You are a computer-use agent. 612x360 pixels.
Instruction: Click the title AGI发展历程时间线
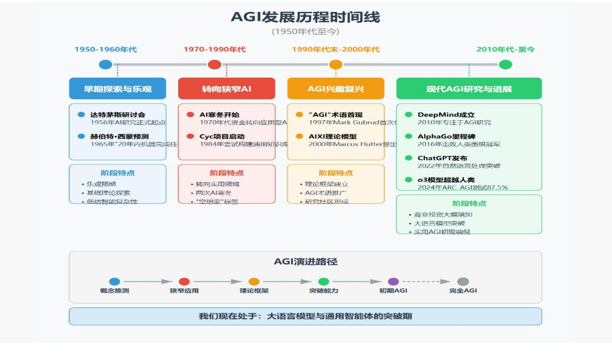[x=305, y=17]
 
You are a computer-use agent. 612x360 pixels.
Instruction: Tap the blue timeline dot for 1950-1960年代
[x=106, y=65]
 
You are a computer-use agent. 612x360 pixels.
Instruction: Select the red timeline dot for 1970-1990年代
[x=215, y=65]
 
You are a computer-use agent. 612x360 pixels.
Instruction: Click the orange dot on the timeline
[x=336, y=65]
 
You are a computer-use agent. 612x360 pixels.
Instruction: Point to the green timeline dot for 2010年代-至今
[x=506, y=65]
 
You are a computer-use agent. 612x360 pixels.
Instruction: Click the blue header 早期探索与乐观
[x=118, y=89]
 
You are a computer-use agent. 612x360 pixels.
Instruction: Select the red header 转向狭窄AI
[x=227, y=89]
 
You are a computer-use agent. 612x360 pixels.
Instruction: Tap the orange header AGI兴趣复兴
[x=336, y=89]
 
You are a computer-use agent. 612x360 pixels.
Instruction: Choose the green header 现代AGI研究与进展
[x=469, y=89]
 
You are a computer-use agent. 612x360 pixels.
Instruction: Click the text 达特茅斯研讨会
[x=118, y=114]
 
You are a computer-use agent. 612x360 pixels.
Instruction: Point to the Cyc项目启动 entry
[x=222, y=136]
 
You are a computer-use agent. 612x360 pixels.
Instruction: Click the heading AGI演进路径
[x=305, y=261]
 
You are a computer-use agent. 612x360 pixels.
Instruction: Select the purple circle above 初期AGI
[x=393, y=281]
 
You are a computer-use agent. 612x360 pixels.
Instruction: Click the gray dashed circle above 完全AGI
[x=463, y=281]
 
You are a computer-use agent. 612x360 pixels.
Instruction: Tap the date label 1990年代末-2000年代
[x=336, y=49]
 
